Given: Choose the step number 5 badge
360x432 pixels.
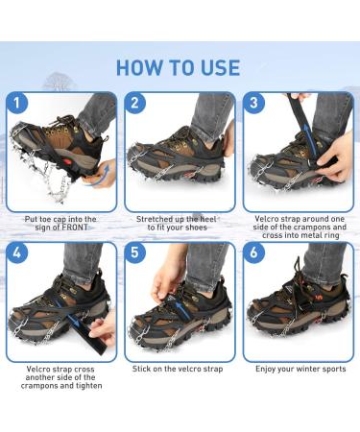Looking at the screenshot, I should coord(136,254).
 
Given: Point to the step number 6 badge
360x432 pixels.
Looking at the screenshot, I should coord(255,254).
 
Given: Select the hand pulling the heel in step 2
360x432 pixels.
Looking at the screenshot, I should coord(228,139).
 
